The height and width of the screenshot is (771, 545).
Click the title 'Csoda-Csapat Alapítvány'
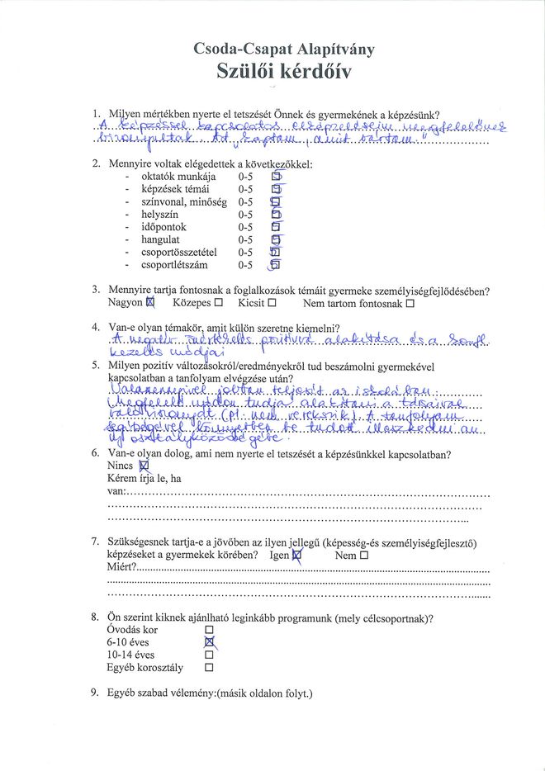coord(283,50)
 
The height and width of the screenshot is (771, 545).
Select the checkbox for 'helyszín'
coord(276,215)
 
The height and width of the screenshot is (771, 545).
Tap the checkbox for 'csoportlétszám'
coord(276,265)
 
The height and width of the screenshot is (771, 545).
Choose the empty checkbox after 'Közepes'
coord(218,304)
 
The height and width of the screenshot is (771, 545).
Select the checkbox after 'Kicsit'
coord(272,304)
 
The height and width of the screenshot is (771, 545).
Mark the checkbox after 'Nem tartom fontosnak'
coord(410,304)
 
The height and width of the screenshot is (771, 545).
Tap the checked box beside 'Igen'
coord(298,556)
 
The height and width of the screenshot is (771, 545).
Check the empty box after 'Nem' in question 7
coord(364,556)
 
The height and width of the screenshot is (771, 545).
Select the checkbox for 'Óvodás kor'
coord(209,630)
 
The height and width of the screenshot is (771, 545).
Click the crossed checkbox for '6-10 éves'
coord(209,642)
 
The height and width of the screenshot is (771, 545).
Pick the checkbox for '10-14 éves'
coord(209,655)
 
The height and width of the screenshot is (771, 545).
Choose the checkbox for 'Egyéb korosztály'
coord(209,668)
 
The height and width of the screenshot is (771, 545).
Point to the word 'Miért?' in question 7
coord(121,569)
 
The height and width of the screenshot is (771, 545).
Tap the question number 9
coord(95,693)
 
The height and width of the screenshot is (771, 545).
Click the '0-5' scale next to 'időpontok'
coord(245,227)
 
